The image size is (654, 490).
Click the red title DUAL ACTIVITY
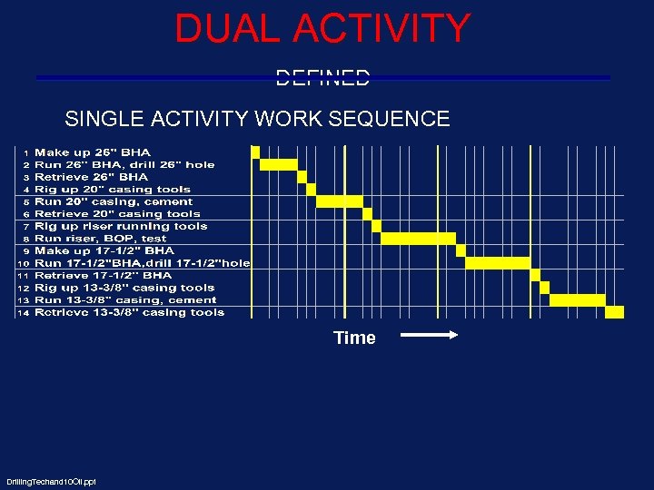click(x=322, y=28)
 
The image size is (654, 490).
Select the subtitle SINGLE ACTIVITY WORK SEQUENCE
click(x=257, y=119)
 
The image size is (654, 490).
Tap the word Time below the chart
click(x=354, y=338)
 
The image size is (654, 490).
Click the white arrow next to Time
click(x=430, y=336)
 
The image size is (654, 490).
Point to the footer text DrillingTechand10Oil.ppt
click(x=51, y=481)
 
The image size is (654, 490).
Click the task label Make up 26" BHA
click(x=93, y=152)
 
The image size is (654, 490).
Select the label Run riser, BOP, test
click(x=101, y=239)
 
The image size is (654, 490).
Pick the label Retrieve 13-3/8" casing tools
click(x=129, y=312)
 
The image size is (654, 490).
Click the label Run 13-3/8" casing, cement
click(x=125, y=299)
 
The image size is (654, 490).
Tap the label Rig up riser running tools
click(x=121, y=226)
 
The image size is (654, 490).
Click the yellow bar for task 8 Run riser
click(x=418, y=239)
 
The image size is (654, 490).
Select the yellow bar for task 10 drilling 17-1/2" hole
click(x=498, y=263)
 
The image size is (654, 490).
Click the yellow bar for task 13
click(x=578, y=299)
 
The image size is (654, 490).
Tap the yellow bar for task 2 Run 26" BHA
click(x=279, y=164)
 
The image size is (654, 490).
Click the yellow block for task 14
click(x=615, y=312)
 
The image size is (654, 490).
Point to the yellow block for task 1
click(x=256, y=152)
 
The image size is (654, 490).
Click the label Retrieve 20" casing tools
click(x=117, y=214)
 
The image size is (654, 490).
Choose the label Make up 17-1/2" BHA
click(x=104, y=250)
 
